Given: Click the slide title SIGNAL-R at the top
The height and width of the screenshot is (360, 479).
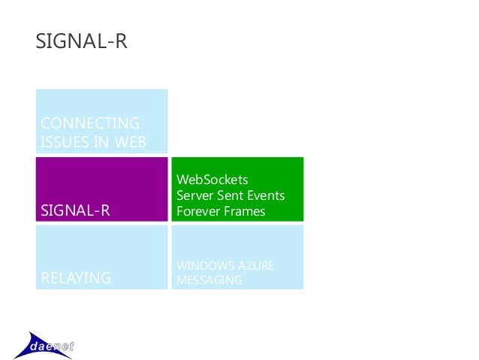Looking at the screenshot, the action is coord(82,42).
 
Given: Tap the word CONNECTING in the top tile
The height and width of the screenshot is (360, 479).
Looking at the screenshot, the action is coord(89,123).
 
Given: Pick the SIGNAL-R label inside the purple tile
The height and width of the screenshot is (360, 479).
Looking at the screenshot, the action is coord(75,211).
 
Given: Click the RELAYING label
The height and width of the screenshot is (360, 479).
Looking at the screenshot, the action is coord(76,279).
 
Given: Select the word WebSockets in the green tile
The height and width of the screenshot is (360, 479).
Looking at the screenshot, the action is coord(212,180).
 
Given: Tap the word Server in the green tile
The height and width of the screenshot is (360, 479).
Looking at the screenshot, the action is coord(194,195).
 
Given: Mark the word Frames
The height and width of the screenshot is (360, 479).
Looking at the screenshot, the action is coord(246,211).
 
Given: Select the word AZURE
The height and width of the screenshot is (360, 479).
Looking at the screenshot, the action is coord(257,267).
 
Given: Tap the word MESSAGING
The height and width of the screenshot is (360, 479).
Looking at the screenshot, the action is coord(209,280).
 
